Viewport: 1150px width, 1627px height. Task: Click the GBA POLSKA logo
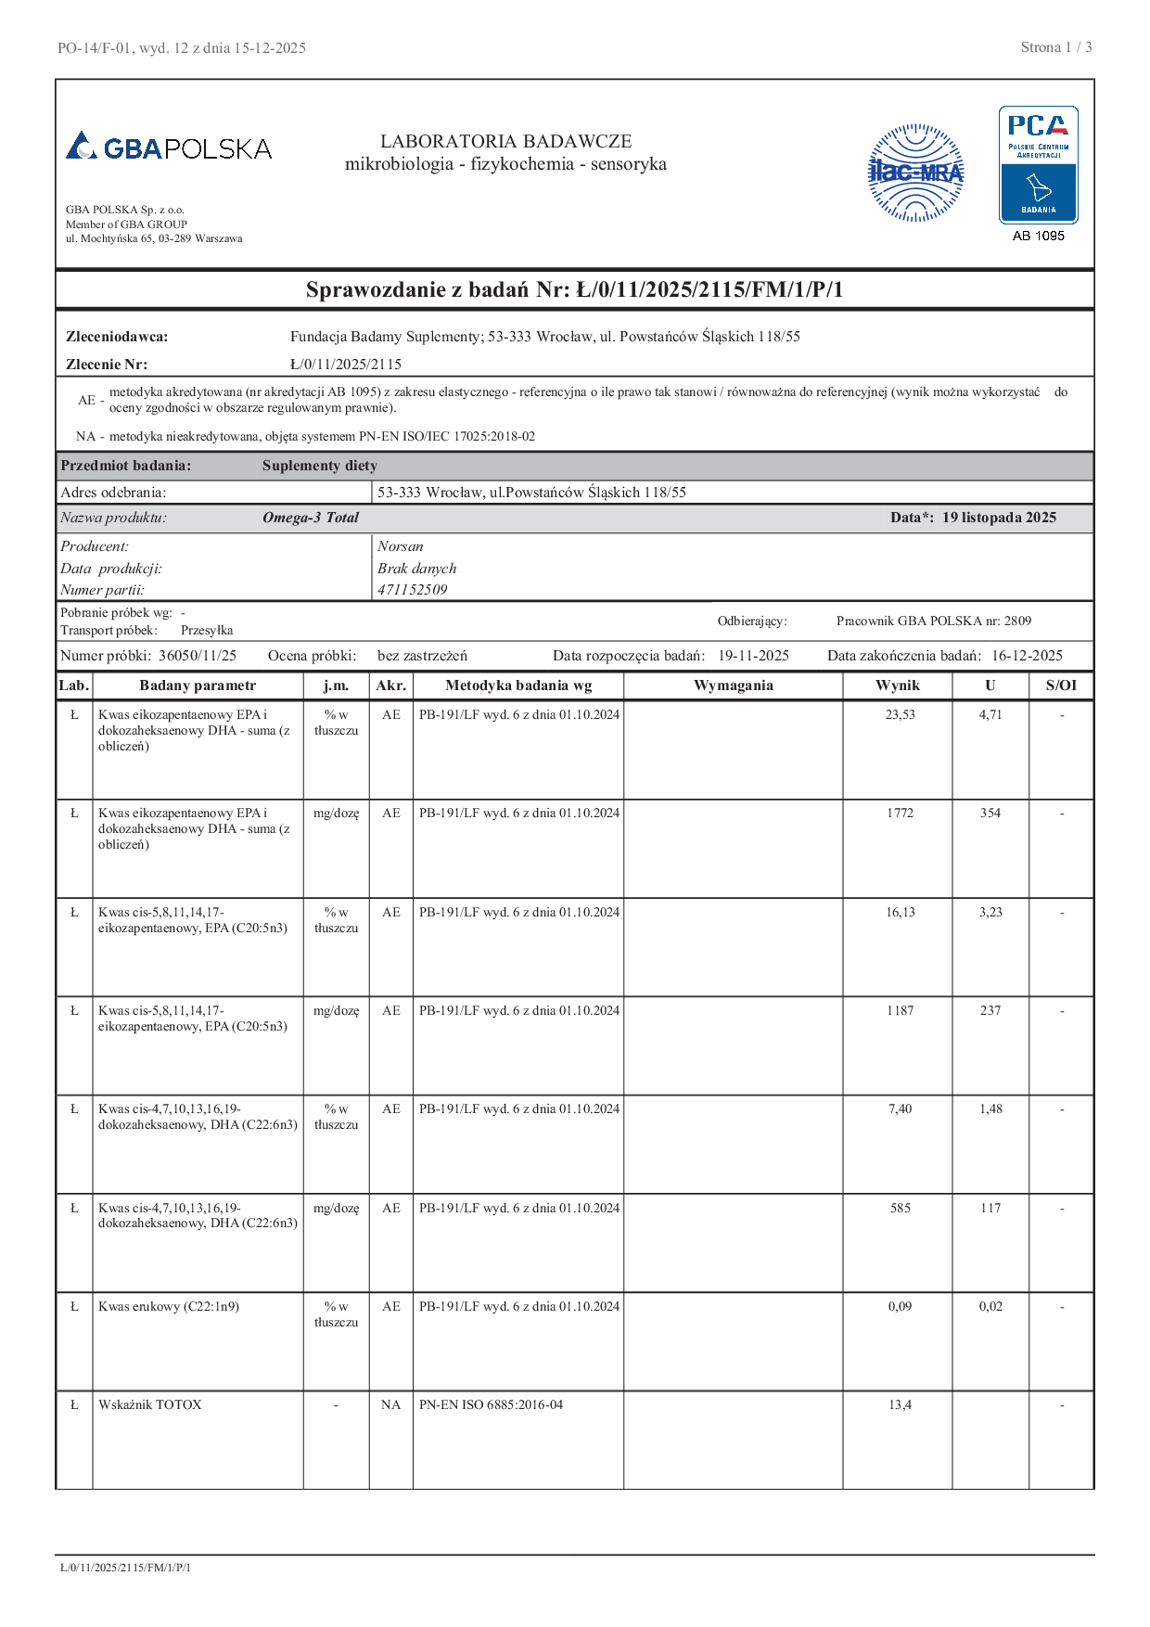pos(169,147)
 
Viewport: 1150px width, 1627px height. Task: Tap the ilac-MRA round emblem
pos(915,173)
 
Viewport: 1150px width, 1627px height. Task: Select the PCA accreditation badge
pos(1038,164)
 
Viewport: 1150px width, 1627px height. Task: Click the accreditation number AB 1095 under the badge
pos(1038,236)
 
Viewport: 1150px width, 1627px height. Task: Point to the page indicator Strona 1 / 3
pos(1055,47)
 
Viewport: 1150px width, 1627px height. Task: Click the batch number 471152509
pos(412,590)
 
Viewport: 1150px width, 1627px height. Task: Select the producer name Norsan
pos(400,546)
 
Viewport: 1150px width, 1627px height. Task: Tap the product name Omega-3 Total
pos(310,518)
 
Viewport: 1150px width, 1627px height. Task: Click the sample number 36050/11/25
pos(198,656)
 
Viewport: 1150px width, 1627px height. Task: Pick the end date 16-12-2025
pos(1027,656)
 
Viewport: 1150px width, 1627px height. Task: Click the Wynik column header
pos(897,685)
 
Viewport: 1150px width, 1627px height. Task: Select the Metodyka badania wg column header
pos(517,685)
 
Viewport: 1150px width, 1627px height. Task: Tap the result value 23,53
pos(900,714)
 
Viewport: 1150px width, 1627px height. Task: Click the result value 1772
pos(900,813)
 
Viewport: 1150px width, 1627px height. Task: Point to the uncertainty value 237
pos(990,1010)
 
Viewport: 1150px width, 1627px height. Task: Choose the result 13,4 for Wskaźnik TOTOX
pos(900,1404)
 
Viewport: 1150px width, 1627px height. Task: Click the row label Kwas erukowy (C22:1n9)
pos(169,1306)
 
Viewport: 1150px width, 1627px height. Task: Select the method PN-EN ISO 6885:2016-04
pos(491,1404)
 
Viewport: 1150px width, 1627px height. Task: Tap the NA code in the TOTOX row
pos(390,1404)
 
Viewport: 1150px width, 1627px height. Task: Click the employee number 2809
pos(1017,621)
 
